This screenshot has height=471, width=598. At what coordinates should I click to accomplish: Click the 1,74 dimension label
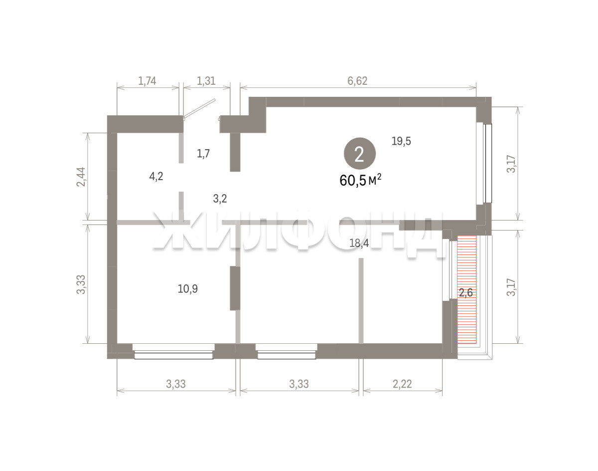(147, 81)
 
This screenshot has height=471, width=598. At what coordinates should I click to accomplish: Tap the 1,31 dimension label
(206, 81)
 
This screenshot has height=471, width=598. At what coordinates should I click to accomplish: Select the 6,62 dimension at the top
(357, 81)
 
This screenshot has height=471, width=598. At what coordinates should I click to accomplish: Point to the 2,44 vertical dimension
(82, 177)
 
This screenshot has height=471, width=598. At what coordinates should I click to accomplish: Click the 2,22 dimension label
(402, 384)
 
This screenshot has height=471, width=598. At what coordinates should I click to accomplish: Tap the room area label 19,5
(401, 141)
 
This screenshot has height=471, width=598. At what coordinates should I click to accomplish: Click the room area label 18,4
(359, 243)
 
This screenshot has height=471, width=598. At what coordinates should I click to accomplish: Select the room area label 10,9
(187, 289)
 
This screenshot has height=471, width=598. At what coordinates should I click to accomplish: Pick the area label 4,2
(156, 177)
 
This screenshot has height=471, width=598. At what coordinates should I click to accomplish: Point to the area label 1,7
(203, 154)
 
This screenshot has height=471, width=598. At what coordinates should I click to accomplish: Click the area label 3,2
(220, 199)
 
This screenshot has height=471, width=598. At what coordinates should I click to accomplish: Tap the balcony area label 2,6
(466, 293)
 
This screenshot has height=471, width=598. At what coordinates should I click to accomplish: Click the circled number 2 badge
(360, 154)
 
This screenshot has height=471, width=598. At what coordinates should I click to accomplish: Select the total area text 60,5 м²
(360, 180)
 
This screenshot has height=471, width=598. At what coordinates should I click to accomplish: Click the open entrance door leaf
(199, 109)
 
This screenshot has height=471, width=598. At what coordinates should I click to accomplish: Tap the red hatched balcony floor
(467, 289)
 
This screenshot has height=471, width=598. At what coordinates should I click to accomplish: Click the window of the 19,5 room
(484, 163)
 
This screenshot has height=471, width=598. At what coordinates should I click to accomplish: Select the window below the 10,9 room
(173, 351)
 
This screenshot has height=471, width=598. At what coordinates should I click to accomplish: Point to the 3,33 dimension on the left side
(82, 284)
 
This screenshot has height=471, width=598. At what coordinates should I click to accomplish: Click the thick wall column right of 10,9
(235, 288)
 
